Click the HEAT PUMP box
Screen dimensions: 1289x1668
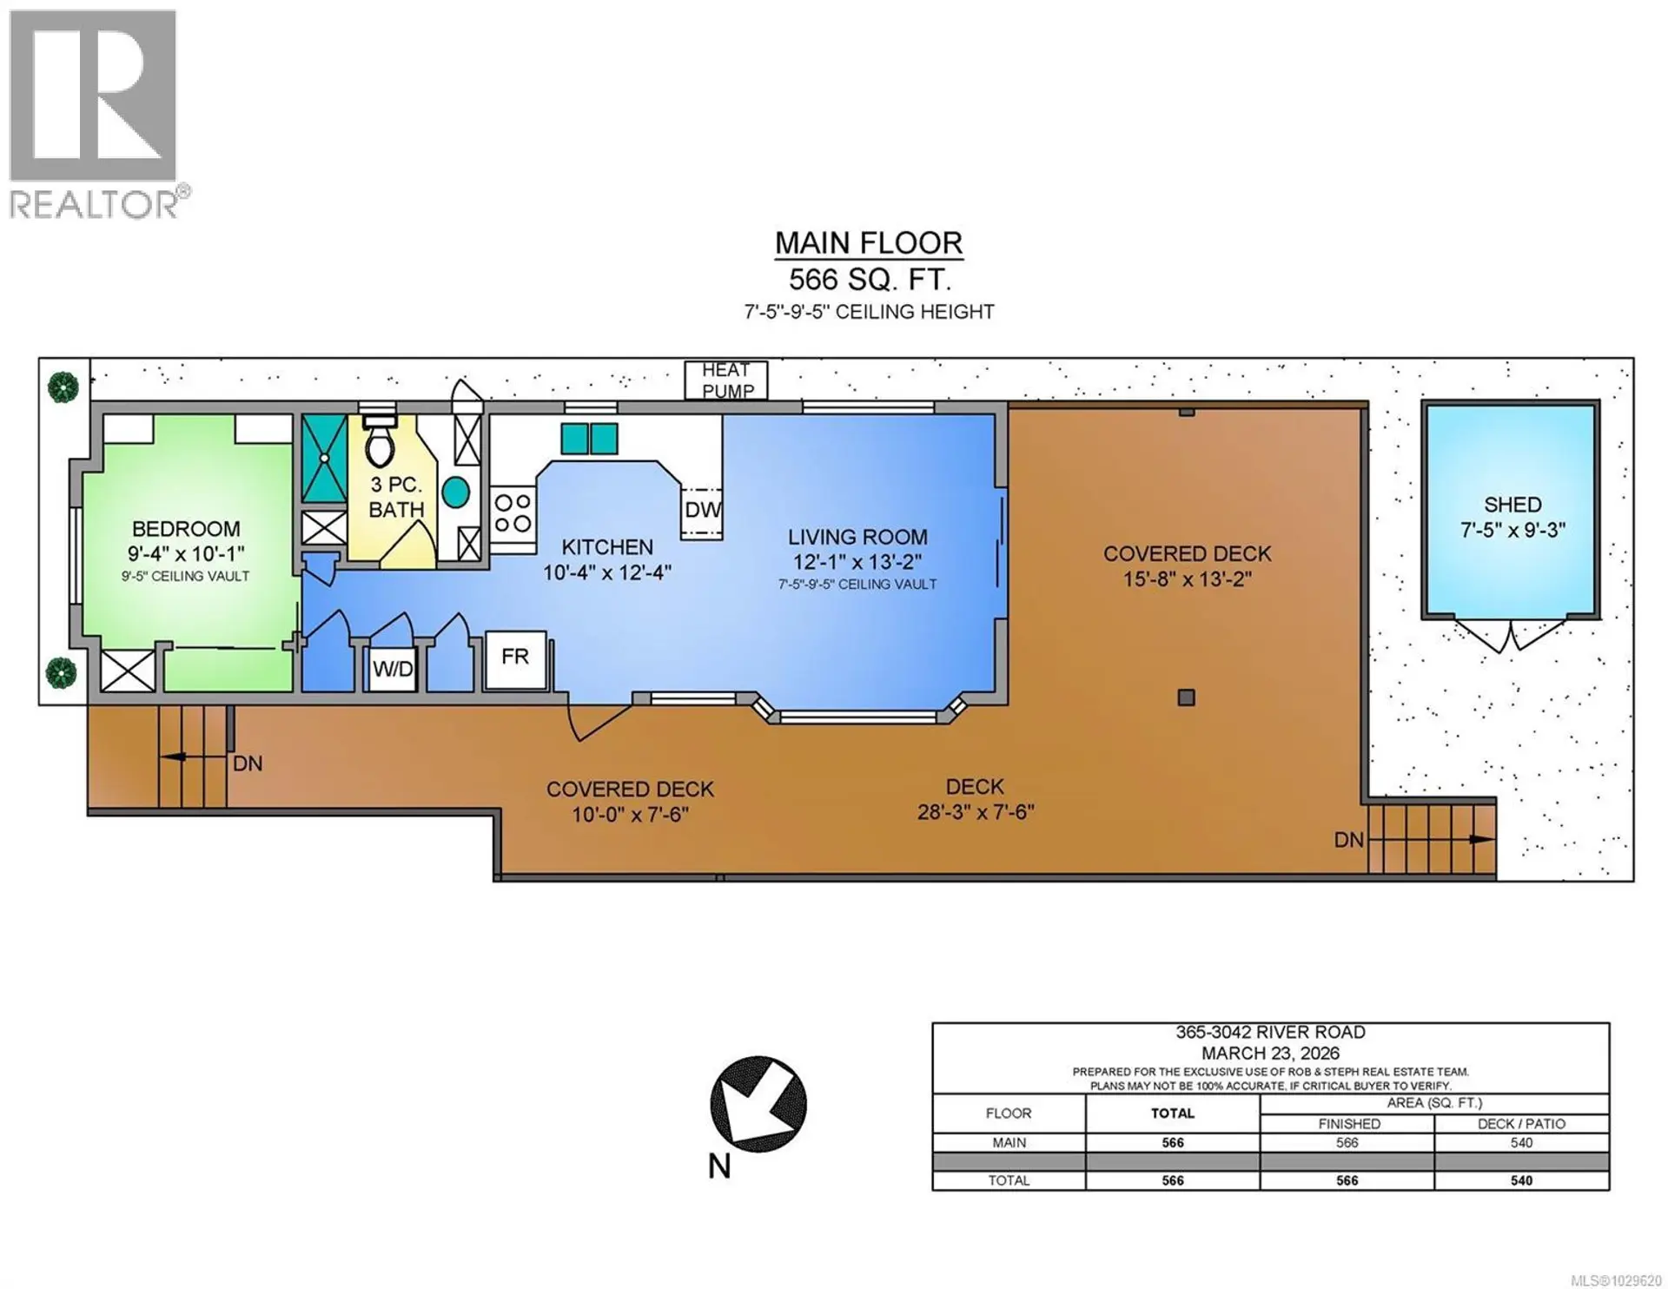coord(725,380)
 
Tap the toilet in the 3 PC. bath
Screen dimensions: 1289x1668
coord(379,443)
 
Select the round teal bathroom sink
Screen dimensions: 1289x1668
coord(455,492)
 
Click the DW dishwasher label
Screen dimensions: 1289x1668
coord(702,510)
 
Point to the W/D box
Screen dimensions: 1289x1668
coord(393,669)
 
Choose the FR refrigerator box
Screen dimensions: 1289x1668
coord(515,658)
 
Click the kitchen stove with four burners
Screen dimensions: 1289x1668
coord(513,513)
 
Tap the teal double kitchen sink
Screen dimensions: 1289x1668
coord(589,439)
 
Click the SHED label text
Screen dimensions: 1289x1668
coord(1512,505)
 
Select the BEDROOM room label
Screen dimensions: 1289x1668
coord(186,529)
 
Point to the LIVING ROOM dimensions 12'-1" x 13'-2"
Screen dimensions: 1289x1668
coord(857,562)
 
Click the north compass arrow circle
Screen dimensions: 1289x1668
coord(758,1104)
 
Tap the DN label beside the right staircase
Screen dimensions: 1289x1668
coord(1348,840)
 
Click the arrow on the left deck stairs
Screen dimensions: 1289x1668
coord(174,757)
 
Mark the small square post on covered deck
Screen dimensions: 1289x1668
coord(1186,697)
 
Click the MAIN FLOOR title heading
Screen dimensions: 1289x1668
coord(869,242)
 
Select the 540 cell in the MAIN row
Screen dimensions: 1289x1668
coord(1521,1143)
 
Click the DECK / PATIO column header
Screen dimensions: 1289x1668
coord(1521,1124)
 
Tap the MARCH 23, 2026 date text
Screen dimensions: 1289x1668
coord(1270,1053)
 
